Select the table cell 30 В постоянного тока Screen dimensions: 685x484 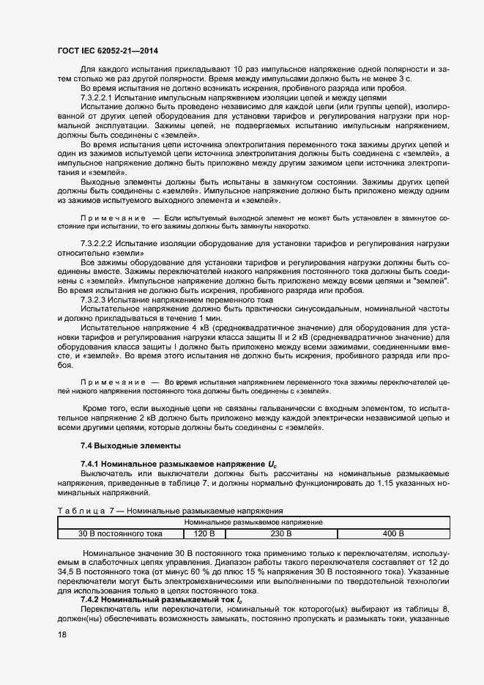click(120, 533)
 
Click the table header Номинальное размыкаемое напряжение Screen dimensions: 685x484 click(254, 522)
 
